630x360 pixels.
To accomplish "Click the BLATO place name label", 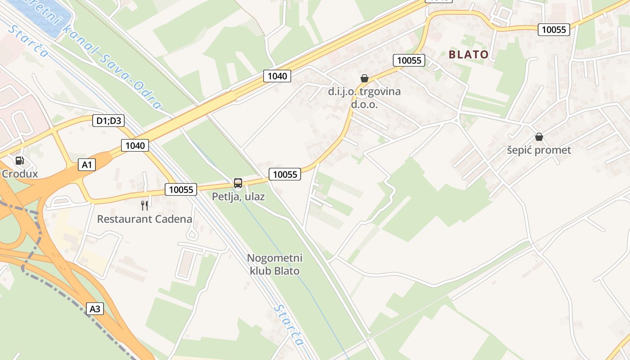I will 468,54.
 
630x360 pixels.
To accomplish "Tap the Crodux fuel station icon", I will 19,161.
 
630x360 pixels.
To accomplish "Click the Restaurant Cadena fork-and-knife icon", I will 144,206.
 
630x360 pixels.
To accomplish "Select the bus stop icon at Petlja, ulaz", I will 238,183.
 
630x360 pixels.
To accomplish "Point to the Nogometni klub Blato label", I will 274,265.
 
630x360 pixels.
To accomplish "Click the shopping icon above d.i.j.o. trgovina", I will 364,78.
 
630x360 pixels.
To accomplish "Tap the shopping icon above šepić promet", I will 539,137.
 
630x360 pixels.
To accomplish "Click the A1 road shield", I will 86,165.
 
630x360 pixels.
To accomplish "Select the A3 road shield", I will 95,309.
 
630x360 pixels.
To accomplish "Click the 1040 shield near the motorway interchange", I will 135,145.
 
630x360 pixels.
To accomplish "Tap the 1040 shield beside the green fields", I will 277,76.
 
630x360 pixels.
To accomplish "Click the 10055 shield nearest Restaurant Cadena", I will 181,190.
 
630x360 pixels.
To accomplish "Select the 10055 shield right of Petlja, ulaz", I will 285,175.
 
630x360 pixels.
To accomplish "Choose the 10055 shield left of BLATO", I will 409,60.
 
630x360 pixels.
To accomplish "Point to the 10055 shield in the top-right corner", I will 554,30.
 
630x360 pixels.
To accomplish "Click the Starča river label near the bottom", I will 288,324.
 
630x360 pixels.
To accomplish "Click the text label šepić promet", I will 539,150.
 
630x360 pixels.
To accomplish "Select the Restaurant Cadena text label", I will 144,220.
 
